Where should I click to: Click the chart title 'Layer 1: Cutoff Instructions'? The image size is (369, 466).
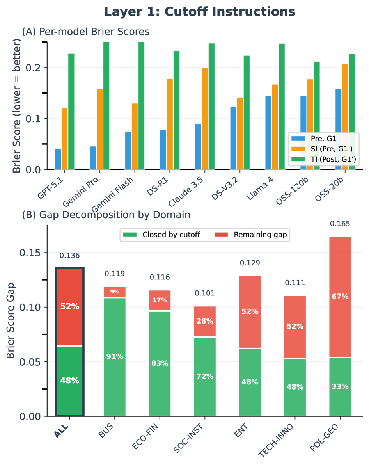pos(199,12)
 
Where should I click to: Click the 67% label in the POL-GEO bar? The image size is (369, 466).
pos(340,297)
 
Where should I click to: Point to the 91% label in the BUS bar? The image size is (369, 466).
pos(115,356)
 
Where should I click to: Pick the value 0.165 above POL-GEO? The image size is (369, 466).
pos(340,224)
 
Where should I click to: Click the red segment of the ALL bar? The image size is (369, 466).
pos(69,306)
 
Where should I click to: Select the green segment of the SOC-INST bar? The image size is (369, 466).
pos(205,377)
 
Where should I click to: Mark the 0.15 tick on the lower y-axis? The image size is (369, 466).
pos(32,253)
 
